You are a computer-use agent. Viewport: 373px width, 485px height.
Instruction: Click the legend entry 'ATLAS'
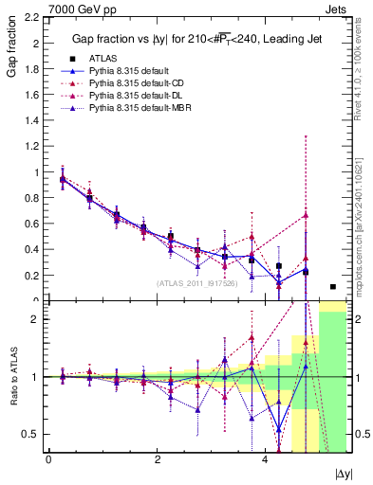pos(103,59)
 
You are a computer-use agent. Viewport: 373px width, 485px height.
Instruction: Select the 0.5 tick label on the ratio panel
pos(29,434)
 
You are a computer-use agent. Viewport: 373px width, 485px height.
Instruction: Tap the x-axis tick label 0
pos(48,459)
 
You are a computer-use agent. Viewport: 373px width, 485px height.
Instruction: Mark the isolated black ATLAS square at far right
pos(333,286)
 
